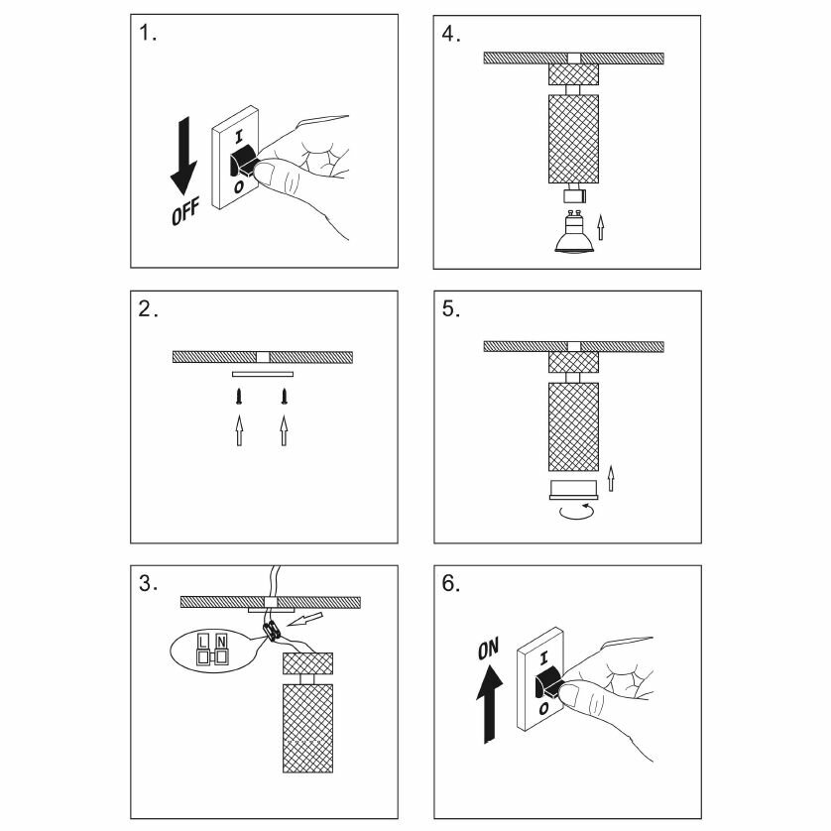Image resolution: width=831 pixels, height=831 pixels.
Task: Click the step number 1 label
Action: [x=148, y=34]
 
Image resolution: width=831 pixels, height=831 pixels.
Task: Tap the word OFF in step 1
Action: [x=184, y=211]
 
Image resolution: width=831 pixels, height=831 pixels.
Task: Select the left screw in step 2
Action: [x=238, y=399]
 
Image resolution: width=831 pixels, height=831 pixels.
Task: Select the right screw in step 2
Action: [x=285, y=399]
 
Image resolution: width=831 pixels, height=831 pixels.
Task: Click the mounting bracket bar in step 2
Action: [x=263, y=374]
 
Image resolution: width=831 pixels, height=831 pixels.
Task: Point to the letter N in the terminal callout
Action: [x=222, y=641]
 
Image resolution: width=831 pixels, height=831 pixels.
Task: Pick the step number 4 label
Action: [x=451, y=34]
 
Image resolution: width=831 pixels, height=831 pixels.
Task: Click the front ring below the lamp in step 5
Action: [x=573, y=487]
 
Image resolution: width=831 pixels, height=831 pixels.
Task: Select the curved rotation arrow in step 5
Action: [x=575, y=510]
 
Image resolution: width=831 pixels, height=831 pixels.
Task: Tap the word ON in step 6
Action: [x=488, y=651]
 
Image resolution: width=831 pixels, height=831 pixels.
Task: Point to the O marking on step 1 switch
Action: [x=238, y=185]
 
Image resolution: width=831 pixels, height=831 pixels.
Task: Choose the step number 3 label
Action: [x=148, y=584]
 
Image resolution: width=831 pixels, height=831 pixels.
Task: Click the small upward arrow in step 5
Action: [x=611, y=478]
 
